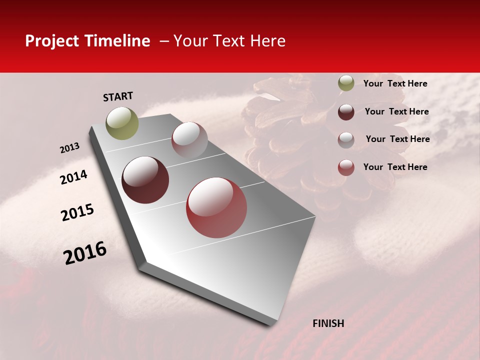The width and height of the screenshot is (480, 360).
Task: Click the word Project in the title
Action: pyautogui.click(x=51, y=41)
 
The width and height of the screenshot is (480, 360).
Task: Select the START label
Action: pyautogui.click(x=118, y=96)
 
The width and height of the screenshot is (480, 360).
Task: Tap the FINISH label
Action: pyautogui.click(x=328, y=323)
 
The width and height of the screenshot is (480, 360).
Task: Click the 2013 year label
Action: pyautogui.click(x=70, y=148)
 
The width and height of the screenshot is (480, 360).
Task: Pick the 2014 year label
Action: pyautogui.click(x=74, y=177)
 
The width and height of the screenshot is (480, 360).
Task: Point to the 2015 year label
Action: pyautogui.click(x=77, y=212)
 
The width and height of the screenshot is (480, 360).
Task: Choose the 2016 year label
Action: pyautogui.click(x=85, y=252)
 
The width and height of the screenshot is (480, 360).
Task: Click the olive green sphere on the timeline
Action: pyautogui.click(x=122, y=123)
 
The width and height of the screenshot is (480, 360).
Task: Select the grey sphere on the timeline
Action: pyautogui.click(x=189, y=140)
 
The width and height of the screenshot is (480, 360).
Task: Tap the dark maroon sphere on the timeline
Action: pyautogui.click(x=145, y=180)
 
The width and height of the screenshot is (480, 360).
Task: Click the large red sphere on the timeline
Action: pyautogui.click(x=216, y=207)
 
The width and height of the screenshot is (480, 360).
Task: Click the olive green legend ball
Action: pyautogui.click(x=346, y=83)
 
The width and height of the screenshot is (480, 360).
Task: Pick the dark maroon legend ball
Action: pyautogui.click(x=346, y=112)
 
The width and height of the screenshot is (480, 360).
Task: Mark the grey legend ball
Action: pyautogui.click(x=346, y=140)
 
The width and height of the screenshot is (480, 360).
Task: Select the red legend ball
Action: pyautogui.click(x=346, y=167)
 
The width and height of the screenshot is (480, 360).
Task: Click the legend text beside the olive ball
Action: pyautogui.click(x=395, y=83)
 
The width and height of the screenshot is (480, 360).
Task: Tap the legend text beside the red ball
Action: pyautogui.click(x=395, y=167)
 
